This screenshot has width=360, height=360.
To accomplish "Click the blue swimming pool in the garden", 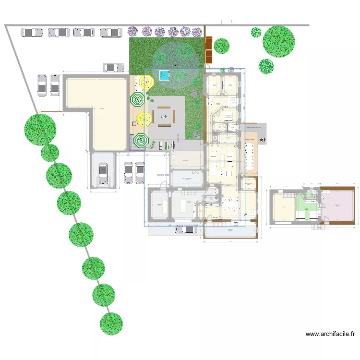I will point(164,75).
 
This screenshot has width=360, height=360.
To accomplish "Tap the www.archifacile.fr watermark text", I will point(331,334).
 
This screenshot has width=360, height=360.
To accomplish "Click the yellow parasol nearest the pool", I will point(145,83).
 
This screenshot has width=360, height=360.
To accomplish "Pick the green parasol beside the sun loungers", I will point(140,141).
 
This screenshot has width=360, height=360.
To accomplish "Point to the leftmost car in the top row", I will point(32,32).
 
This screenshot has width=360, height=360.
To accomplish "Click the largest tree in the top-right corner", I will point(278,41).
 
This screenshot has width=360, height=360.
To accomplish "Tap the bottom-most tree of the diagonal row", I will point(111,324).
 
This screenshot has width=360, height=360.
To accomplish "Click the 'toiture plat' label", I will point(164,175).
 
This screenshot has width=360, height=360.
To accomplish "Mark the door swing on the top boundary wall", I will point(227,22).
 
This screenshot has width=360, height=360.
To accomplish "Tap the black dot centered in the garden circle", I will point(175,65).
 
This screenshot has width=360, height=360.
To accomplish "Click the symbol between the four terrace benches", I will point(164,116).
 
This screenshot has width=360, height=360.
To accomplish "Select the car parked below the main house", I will point(186,229).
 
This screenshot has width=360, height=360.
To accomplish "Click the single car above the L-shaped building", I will point(114,67).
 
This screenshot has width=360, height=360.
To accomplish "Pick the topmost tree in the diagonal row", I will point(40,129).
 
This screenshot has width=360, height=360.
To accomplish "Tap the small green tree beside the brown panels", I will point(221,46).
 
